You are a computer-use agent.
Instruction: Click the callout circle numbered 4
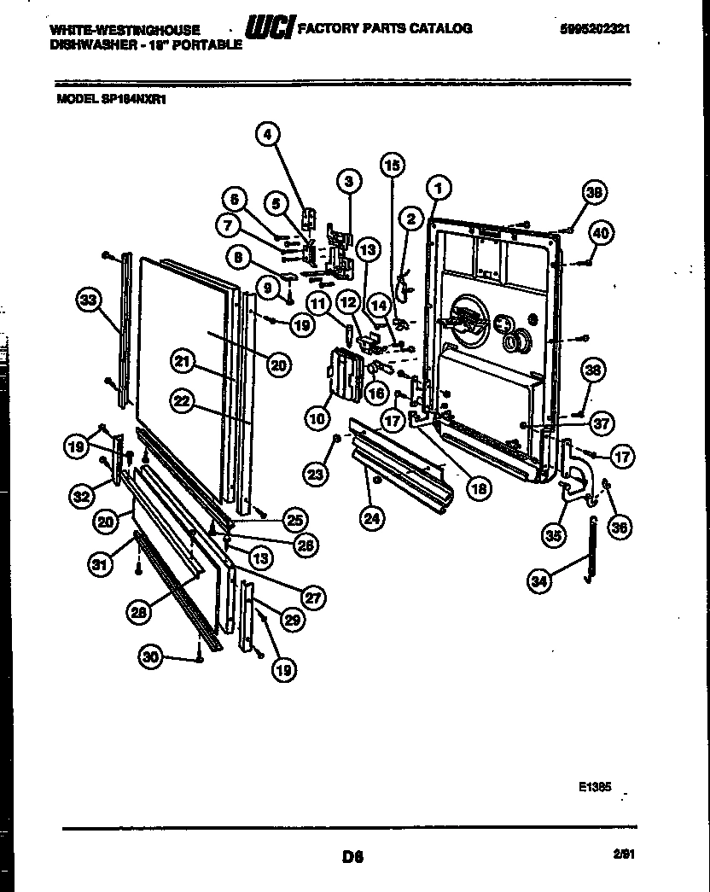tap(268, 134)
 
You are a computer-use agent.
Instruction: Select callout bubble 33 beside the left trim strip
tap(87, 300)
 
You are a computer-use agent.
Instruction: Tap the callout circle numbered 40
tap(602, 231)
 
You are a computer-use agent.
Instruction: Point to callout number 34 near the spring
tap(538, 582)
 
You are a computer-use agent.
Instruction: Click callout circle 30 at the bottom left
tap(150, 656)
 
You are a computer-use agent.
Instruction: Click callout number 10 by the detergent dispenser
tap(317, 417)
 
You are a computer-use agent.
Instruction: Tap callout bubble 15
tap(391, 166)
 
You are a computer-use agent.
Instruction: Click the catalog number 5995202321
tap(596, 28)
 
